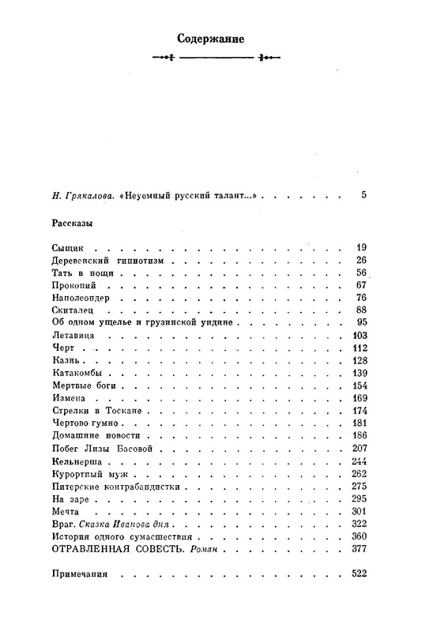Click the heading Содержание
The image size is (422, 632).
pyautogui.click(x=211, y=38)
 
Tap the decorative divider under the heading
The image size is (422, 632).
pyautogui.click(x=211, y=58)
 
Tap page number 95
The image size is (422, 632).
pyautogui.click(x=362, y=322)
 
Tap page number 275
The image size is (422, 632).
pyautogui.click(x=360, y=485)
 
